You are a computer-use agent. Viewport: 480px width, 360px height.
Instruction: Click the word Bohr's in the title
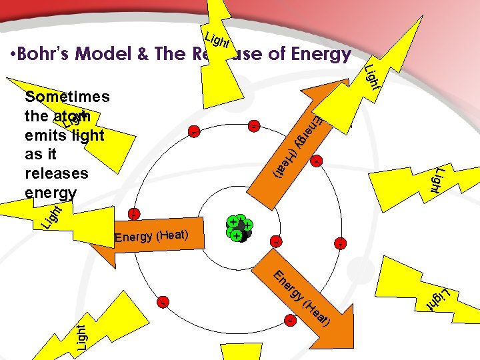[45, 55]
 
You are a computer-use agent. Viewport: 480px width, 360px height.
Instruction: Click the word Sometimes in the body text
[67, 97]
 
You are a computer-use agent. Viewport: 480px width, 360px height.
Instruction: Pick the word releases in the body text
[56, 173]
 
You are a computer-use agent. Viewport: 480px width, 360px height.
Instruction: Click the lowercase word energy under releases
[50, 193]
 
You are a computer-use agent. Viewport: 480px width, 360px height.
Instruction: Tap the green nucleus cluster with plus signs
[239, 228]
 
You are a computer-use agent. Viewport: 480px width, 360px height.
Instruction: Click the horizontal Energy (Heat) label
[152, 235]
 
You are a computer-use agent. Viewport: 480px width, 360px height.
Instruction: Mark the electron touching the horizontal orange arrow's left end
[133, 214]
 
